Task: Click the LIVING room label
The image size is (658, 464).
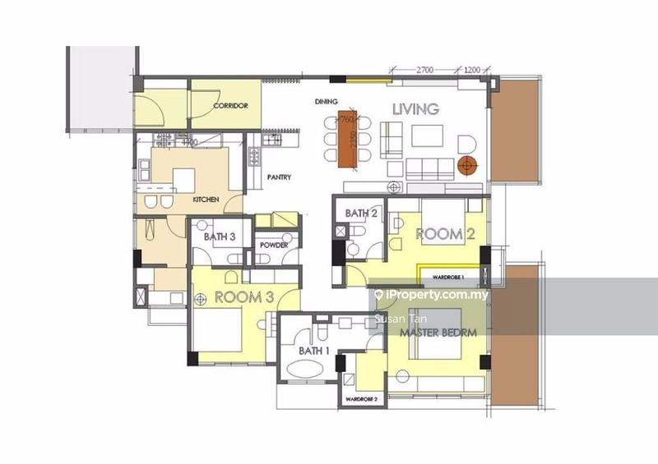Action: point(415,108)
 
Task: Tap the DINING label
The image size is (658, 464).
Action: point(327,102)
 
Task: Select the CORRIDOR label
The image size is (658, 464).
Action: point(230,106)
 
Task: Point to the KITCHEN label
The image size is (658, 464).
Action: point(206,200)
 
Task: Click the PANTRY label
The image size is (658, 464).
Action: point(280,177)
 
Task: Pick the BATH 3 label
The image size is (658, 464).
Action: point(220,237)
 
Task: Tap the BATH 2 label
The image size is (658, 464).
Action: point(361,214)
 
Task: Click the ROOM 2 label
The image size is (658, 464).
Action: point(445,234)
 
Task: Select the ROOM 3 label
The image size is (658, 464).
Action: point(243,297)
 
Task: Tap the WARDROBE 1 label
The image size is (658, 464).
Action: point(451,278)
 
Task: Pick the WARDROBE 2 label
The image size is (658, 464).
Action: point(361,399)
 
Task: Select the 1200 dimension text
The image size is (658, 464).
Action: point(472,70)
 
